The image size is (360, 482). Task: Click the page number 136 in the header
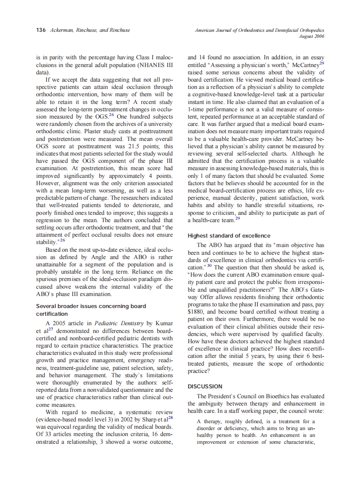click(41, 31)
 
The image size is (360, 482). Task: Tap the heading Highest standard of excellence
click(229, 235)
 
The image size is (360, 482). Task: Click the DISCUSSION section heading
click(205, 386)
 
